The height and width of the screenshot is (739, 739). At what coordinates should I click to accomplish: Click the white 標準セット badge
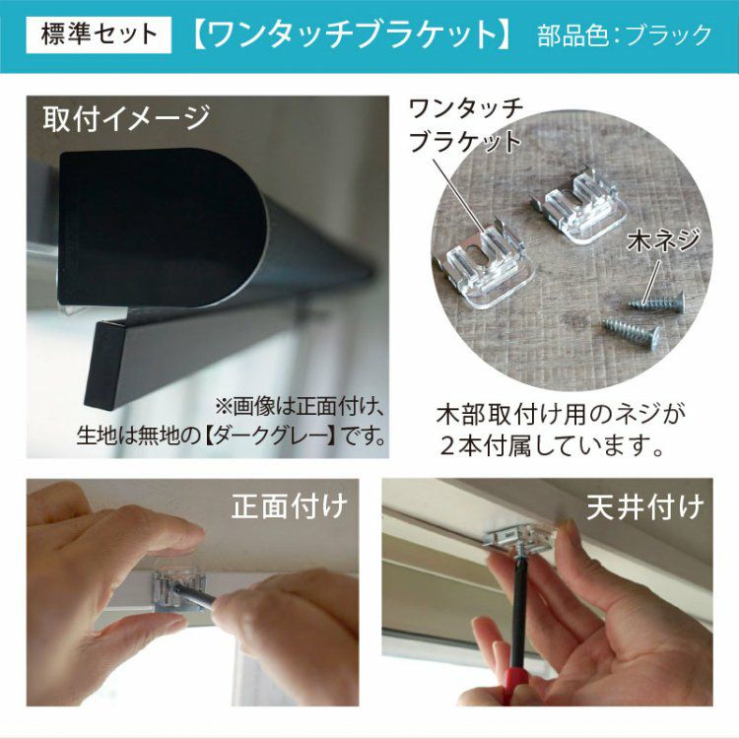pyautogui.click(x=99, y=34)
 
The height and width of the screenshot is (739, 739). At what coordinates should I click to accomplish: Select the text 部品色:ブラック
pyautogui.click(x=625, y=35)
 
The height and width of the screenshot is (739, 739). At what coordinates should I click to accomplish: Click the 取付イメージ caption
pyautogui.click(x=126, y=119)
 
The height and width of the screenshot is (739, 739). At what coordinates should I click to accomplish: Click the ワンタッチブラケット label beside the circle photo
pyautogui.click(x=466, y=125)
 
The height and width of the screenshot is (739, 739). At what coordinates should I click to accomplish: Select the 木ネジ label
pyautogui.click(x=663, y=240)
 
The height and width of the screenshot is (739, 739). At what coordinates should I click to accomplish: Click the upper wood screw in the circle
pyautogui.click(x=656, y=301)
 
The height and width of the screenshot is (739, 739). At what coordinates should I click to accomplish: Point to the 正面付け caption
pyautogui.click(x=290, y=506)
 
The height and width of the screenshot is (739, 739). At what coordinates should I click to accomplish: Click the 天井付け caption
pyautogui.click(x=645, y=507)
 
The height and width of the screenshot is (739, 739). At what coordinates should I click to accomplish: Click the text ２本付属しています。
pyautogui.click(x=552, y=445)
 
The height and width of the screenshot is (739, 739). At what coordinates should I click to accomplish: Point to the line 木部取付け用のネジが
pyautogui.click(x=561, y=415)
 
